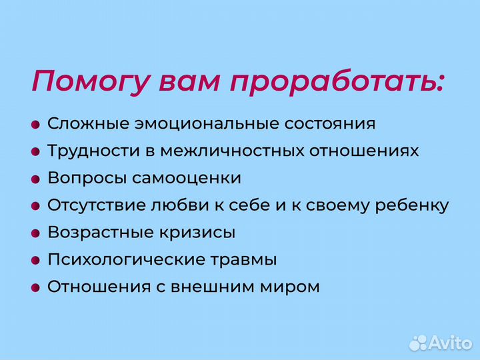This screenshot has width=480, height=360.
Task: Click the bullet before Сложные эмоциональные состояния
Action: pyautogui.click(x=35, y=125)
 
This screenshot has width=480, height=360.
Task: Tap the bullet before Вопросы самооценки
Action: pyautogui.click(x=35, y=179)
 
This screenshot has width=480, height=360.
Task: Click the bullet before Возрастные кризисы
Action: pyautogui.click(x=35, y=234)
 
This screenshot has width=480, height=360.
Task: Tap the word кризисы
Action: pyautogui.click(x=203, y=233)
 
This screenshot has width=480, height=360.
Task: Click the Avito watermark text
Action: pyautogui.click(x=451, y=343)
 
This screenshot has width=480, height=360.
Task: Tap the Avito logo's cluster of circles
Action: pyautogui.click(x=418, y=342)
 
